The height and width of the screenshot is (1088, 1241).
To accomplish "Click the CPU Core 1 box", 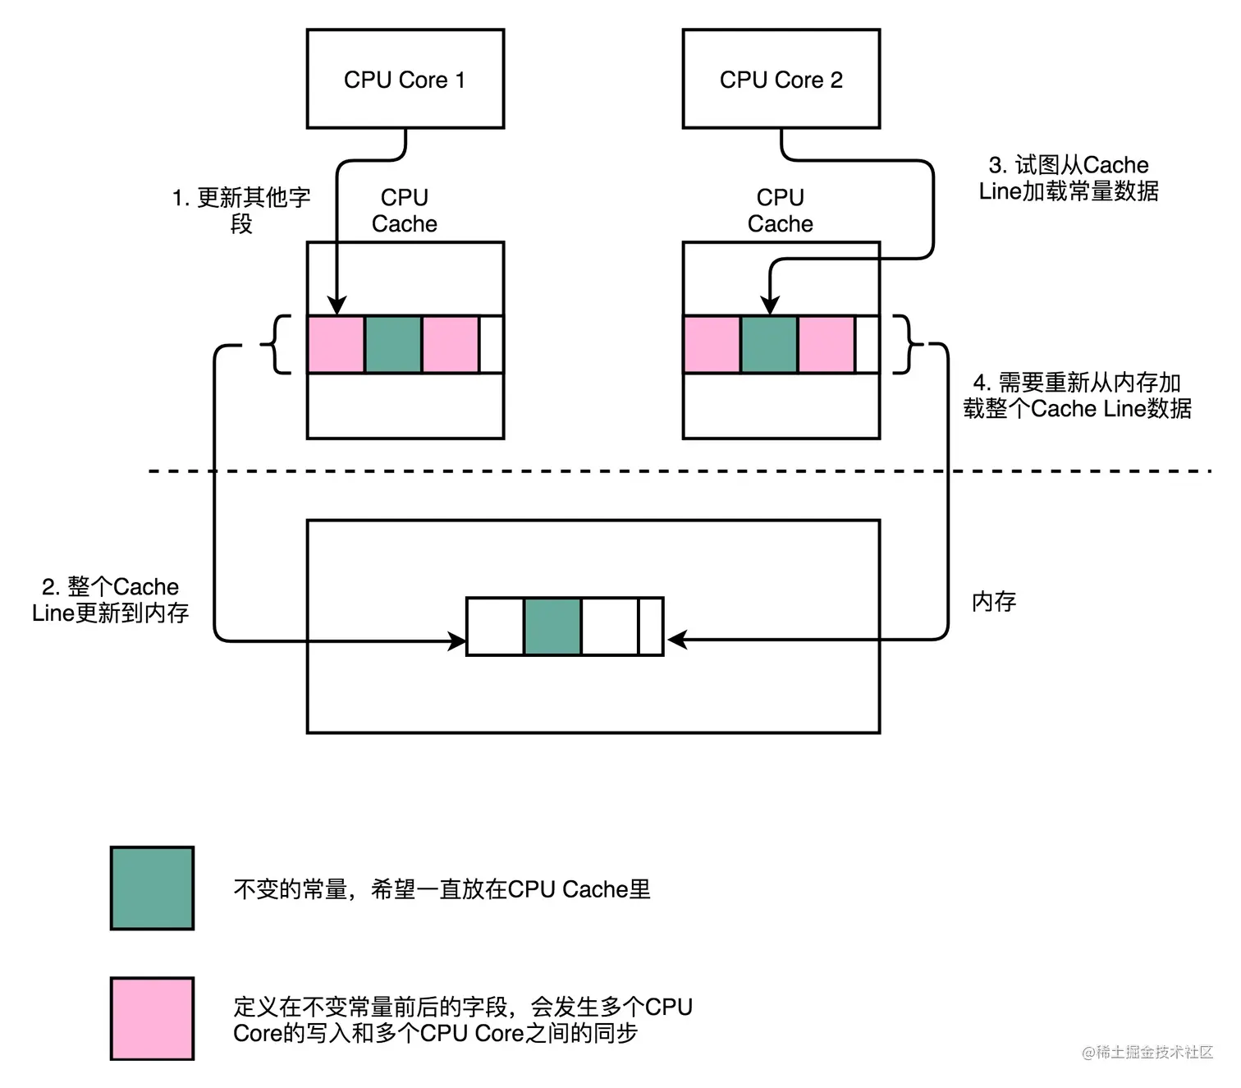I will (405, 79).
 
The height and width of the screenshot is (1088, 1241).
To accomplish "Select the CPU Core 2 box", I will (781, 79).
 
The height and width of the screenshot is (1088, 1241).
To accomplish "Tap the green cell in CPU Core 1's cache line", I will (393, 345).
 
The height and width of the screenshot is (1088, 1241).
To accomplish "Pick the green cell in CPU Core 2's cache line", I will (769, 345).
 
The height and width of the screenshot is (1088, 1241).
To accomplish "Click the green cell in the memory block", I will (552, 627).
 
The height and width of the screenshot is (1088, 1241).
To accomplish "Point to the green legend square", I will (152, 888).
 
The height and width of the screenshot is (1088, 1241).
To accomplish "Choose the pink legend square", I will (152, 1018).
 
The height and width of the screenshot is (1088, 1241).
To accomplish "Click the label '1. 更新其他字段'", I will (241, 210).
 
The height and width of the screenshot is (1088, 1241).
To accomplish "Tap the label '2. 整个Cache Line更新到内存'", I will (111, 599).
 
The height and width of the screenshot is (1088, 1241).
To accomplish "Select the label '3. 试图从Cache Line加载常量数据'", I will (1069, 177).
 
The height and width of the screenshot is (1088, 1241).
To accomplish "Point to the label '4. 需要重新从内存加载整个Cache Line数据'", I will (1077, 395).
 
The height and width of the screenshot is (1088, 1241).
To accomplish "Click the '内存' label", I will (994, 602).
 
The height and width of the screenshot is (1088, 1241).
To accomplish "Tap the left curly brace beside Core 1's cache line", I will (277, 345).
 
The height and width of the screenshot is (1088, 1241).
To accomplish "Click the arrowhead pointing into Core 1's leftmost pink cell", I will (336, 305).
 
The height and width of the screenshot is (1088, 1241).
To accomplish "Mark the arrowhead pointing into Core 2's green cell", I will (769, 305).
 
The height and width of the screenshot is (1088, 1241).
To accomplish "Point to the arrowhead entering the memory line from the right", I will (676, 640).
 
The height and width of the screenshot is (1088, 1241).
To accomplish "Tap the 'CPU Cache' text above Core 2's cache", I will (781, 210).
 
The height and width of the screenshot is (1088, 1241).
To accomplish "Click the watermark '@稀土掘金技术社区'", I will (1147, 1053).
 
